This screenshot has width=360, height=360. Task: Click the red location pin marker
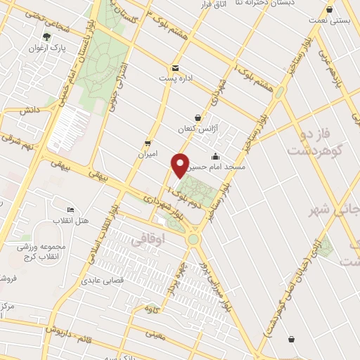(x=181, y=165)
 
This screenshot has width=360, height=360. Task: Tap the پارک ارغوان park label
(x=47, y=49)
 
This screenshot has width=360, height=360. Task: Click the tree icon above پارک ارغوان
(x=47, y=37)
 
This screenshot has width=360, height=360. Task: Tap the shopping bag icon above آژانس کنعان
(x=198, y=117)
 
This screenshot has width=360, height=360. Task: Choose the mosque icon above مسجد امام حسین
(x=215, y=155)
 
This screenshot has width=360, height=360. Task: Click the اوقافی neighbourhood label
(x=146, y=241)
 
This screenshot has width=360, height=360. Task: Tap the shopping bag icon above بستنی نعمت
(x=330, y=10)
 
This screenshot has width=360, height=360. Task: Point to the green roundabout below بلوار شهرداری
(x=193, y=239)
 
